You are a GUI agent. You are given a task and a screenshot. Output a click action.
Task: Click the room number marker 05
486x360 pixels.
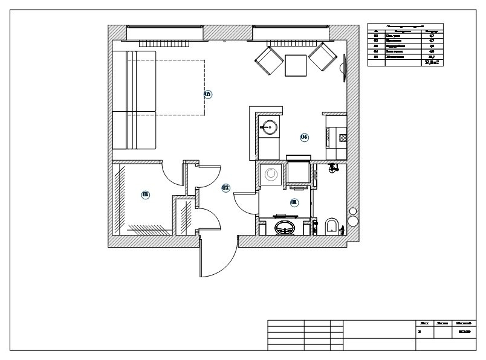[207, 94]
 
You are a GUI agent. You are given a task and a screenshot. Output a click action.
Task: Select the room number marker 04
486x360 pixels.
[304, 137]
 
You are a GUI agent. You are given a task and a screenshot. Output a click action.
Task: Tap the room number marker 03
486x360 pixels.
[145, 194]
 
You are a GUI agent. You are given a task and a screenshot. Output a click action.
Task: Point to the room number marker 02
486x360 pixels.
[225, 188]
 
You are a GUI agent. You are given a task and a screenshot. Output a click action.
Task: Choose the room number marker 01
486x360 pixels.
[294, 202]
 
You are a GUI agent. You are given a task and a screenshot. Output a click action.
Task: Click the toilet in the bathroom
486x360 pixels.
[331, 226]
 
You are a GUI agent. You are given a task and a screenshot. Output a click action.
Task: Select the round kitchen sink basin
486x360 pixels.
[269, 127]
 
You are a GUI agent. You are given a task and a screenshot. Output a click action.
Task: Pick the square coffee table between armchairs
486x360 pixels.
[296, 65]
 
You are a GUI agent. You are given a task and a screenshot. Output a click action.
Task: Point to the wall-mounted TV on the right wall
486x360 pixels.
[345, 67]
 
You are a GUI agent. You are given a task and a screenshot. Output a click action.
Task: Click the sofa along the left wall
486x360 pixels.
[134, 100]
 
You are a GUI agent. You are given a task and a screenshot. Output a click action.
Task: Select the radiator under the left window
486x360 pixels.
[165, 43]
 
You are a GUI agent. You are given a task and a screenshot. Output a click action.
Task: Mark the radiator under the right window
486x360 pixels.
[291, 43]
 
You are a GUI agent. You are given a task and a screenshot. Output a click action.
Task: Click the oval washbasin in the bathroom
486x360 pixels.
[285, 227]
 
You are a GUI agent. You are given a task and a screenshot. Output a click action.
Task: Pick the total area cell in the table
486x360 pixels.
[432, 62]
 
